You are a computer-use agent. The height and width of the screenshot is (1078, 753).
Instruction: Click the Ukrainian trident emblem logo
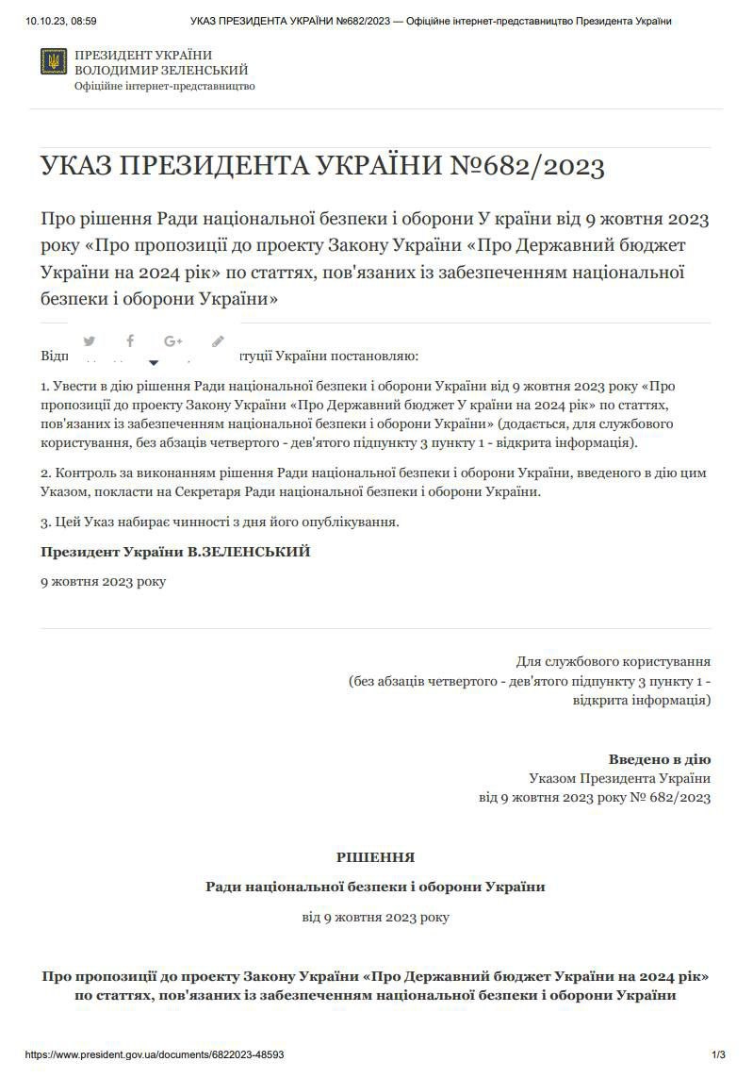pos(54,62)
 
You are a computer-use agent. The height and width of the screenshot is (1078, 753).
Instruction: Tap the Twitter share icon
pos(90,341)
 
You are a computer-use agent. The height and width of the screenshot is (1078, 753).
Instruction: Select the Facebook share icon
pos(130,341)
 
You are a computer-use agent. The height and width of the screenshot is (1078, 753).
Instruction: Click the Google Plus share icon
pos(172,341)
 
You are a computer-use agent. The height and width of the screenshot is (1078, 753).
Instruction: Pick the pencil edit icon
pos(218,341)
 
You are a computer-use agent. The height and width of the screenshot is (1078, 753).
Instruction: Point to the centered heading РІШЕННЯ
pos(375,857)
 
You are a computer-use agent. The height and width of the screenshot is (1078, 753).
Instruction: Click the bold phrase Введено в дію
pos(659,759)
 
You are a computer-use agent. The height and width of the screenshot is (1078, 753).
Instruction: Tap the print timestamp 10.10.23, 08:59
pos(62,21)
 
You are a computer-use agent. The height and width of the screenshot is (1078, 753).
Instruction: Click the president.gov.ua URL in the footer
pos(155,1054)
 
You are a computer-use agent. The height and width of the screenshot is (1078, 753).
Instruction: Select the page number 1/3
pos(718,1054)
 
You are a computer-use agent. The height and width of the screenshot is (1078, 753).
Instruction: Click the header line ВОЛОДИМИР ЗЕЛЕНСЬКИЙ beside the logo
pos(161,71)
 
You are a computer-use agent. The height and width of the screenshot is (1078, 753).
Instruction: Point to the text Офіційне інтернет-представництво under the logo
pos(164,86)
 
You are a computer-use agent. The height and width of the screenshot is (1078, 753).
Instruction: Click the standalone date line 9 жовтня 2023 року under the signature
pos(103,581)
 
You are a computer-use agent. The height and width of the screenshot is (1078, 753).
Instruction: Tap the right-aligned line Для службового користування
pos(613,661)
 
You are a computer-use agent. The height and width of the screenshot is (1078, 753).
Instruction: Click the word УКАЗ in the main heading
pos(76,168)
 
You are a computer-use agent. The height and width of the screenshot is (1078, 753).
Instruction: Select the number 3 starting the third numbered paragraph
pos(44,522)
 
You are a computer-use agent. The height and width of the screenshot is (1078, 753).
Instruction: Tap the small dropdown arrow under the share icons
pos(154,362)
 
